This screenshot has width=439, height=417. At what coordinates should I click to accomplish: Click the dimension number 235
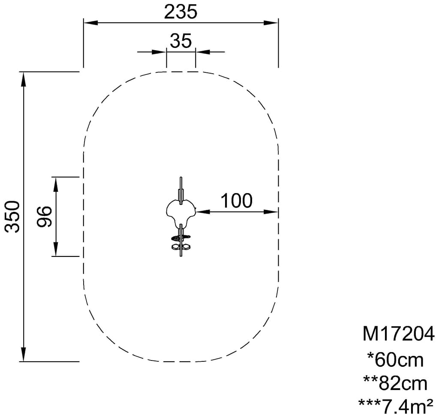click(180, 12)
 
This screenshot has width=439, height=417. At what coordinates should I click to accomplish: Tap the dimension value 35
click(181, 41)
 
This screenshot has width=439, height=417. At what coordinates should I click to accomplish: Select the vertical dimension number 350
click(12, 216)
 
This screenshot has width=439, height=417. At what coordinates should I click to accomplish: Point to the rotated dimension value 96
click(45, 217)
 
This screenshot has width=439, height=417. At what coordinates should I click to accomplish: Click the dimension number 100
click(237, 200)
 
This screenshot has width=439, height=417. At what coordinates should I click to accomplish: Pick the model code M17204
click(398, 334)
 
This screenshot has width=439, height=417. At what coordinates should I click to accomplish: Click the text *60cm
click(395, 360)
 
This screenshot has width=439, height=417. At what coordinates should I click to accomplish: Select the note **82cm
click(395, 384)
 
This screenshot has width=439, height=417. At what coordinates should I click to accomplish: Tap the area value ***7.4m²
click(396, 406)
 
